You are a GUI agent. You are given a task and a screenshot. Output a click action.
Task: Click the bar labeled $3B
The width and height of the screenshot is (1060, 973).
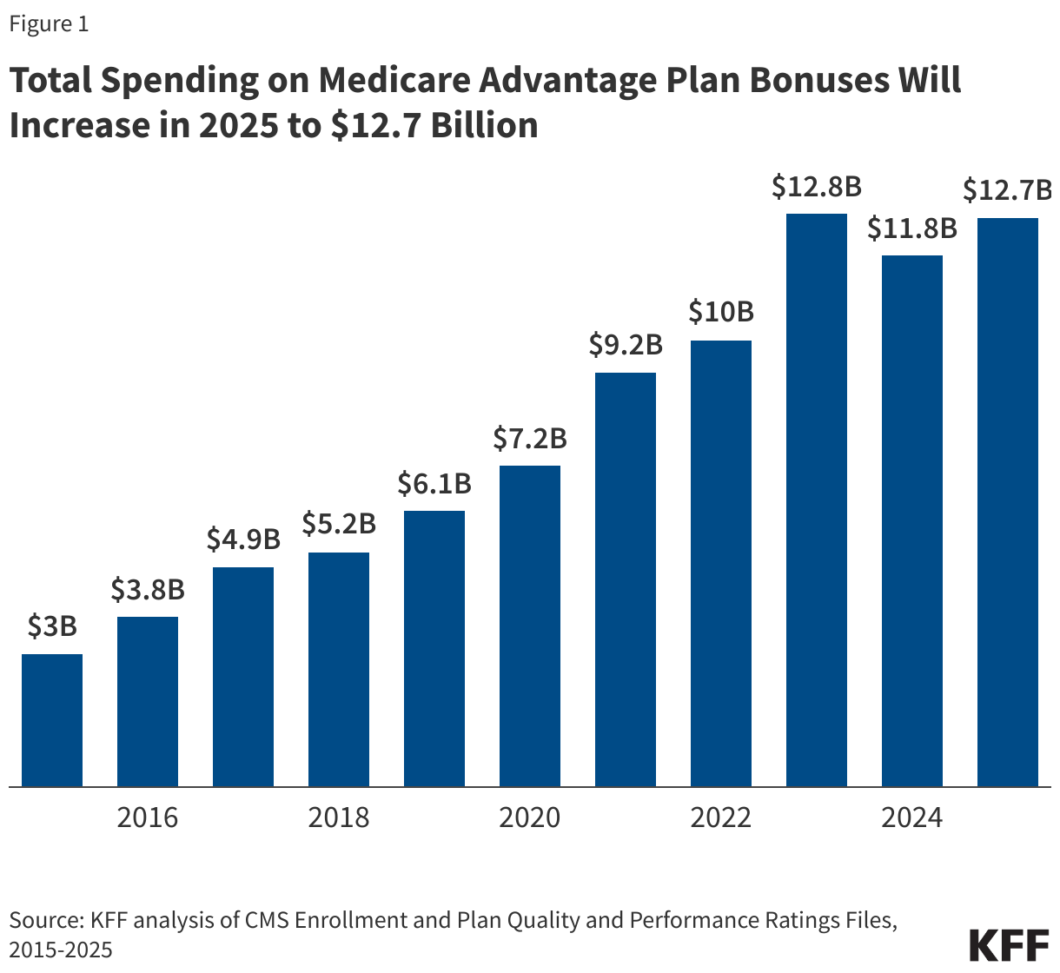pos(52,720)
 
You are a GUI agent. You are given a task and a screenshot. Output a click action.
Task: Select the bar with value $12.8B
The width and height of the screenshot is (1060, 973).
pos(817,500)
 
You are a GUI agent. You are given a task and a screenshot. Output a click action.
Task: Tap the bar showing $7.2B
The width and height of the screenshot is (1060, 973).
pos(530,625)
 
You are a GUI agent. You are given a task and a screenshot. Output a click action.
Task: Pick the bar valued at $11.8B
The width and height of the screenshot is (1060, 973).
pos(912,521)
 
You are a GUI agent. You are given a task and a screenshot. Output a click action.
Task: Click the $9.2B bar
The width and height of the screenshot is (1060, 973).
pos(626,579)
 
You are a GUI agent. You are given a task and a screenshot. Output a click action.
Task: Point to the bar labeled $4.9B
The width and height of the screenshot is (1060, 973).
pos(243,677)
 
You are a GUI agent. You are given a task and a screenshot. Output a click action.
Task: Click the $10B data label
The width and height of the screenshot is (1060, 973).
pos(721,312)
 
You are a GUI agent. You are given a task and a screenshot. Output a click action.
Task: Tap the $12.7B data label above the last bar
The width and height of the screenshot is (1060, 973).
pos(1008,189)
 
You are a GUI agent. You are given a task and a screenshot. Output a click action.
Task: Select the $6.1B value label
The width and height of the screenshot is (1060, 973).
pos(434,483)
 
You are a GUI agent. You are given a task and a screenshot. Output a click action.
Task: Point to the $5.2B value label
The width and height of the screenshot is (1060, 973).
pos(339,524)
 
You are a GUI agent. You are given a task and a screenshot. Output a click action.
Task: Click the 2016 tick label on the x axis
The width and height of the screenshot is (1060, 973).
pos(148,817)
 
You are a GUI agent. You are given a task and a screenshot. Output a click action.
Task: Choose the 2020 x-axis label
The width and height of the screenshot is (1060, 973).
pos(530,817)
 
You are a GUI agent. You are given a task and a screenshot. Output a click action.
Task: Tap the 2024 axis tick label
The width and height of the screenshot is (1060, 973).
pos(912,817)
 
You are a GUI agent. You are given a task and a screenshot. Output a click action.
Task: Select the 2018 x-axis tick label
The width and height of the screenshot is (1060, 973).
pos(339,817)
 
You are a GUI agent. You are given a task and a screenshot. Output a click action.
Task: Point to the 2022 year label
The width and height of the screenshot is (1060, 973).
pos(721,817)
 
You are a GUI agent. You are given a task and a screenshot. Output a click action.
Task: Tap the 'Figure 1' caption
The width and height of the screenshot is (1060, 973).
pos(49,24)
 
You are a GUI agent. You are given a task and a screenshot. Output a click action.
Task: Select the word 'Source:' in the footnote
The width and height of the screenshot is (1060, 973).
pos(45,920)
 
